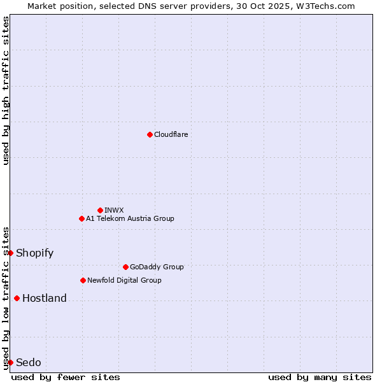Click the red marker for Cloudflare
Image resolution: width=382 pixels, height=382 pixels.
[x=150, y=134]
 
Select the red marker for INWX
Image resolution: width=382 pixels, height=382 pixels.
[x=100, y=210]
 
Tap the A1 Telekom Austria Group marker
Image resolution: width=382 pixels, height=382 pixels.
[x=81, y=218]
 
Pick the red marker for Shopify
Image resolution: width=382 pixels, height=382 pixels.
[x=10, y=253]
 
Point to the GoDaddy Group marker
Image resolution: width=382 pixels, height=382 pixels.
[x=125, y=267]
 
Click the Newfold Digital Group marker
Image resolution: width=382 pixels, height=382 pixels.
[x=83, y=280]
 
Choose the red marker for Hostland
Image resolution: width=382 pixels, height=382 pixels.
[x=17, y=298]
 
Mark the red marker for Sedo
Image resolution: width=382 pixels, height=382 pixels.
[x=10, y=362]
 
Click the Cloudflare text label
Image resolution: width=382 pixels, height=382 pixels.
[x=171, y=134]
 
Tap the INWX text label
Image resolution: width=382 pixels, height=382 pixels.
[x=115, y=210]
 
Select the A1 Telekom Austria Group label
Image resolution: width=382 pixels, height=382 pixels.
[x=130, y=218]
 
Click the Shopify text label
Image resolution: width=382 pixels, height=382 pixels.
[x=34, y=253]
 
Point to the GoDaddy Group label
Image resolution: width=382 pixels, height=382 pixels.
[x=157, y=267]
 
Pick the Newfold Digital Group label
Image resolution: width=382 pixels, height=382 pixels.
[x=124, y=280]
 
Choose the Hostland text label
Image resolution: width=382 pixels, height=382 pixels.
[x=45, y=298]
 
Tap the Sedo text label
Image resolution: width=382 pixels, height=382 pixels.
[x=29, y=362]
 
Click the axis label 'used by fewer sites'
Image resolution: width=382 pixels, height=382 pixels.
[x=66, y=377]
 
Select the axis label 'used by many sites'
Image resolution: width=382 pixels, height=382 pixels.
[x=320, y=377]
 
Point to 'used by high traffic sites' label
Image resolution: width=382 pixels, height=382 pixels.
[x=6, y=90]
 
